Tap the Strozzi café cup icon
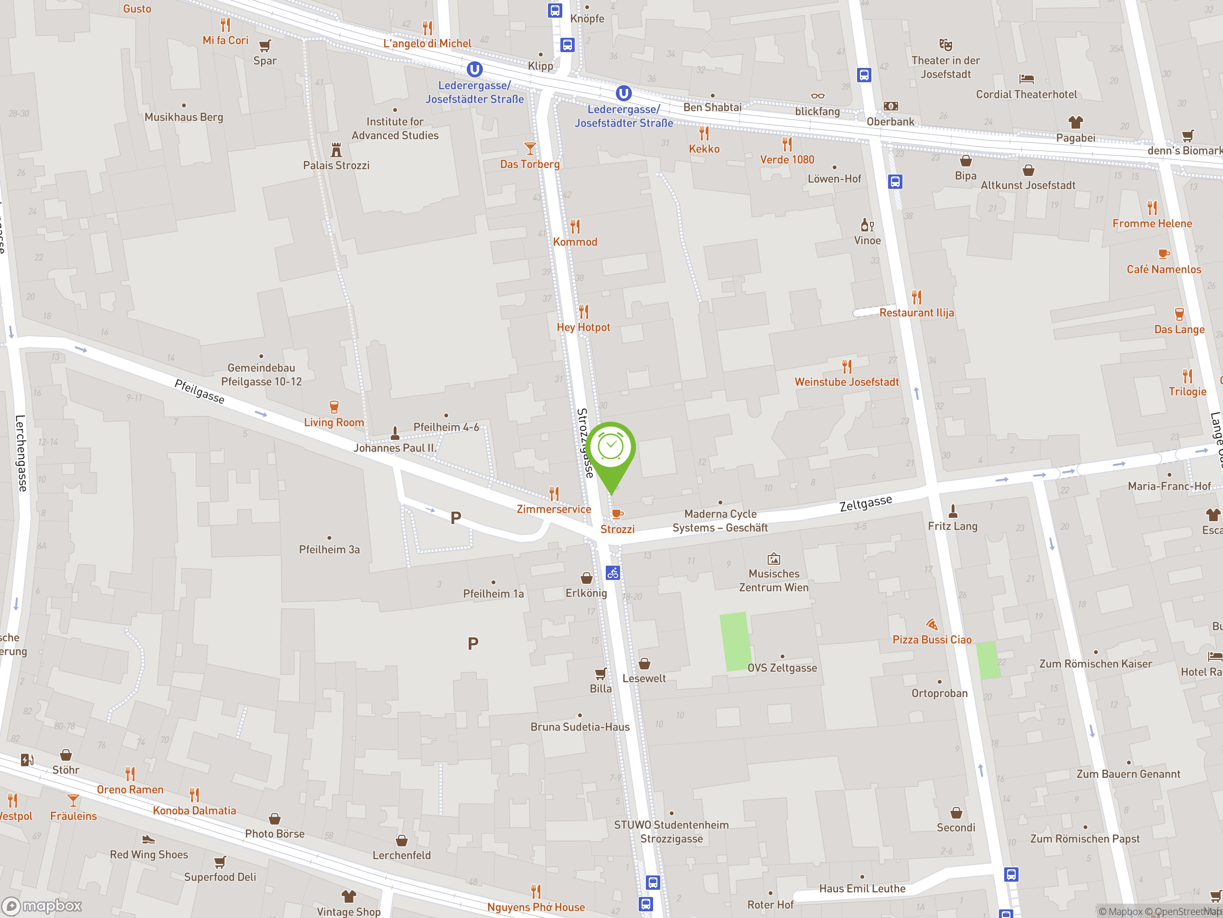618,514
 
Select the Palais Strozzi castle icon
336,149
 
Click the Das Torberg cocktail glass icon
530,148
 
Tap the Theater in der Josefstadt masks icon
945,44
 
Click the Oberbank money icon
890,106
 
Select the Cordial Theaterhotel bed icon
1026,78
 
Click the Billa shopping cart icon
601,673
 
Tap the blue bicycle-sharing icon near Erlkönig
612,573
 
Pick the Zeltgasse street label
865,503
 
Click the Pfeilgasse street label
200,391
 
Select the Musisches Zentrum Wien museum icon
773,558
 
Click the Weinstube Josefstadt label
847,382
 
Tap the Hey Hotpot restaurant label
583,327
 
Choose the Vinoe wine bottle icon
867,225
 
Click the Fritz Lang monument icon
953,510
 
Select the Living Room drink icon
334,407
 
